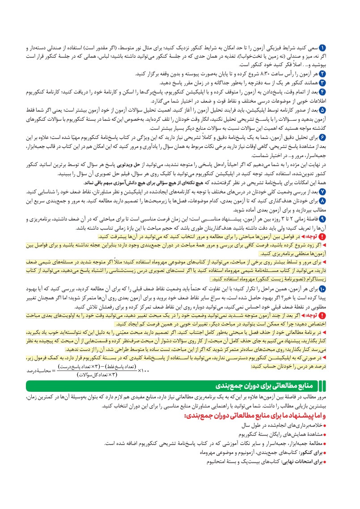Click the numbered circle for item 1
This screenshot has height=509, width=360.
click(324, 47)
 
